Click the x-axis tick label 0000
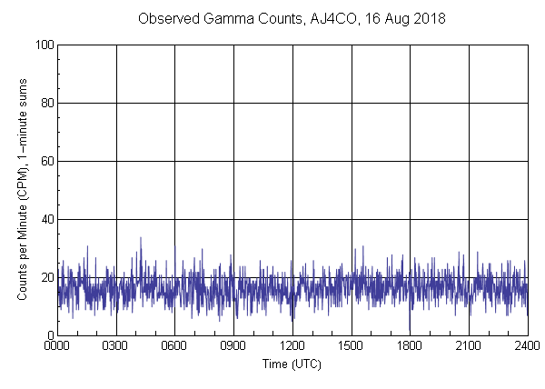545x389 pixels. [x=57, y=346]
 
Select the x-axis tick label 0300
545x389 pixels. [x=116, y=346]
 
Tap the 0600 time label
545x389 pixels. [x=175, y=346]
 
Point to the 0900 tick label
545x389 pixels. [x=233, y=346]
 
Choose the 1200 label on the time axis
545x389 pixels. [x=292, y=346]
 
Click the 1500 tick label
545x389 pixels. [x=352, y=346]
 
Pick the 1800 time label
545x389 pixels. [x=410, y=346]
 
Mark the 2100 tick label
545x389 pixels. [x=469, y=346]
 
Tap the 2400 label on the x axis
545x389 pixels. [x=527, y=346]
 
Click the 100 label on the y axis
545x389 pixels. [x=44, y=45]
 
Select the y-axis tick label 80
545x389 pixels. [x=46, y=103]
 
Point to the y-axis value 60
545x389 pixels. [x=46, y=161]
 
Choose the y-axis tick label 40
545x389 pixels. [x=46, y=219]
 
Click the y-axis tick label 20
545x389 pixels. [x=46, y=277]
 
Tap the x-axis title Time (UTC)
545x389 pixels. [x=292, y=364]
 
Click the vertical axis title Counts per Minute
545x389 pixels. [x=22, y=189]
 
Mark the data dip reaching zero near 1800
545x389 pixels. [x=410, y=333]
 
